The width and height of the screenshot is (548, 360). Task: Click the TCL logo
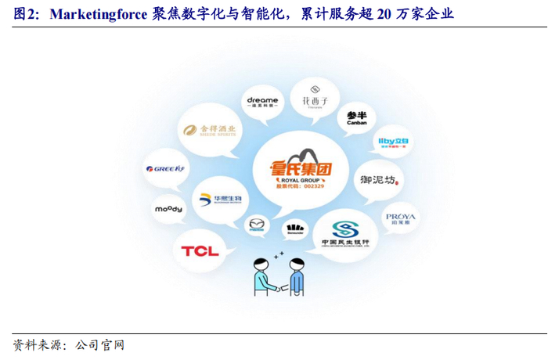click(x=200, y=250)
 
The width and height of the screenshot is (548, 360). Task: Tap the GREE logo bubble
click(x=164, y=169)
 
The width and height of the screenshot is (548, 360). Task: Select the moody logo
click(x=168, y=209)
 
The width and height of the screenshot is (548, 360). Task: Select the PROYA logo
click(x=400, y=218)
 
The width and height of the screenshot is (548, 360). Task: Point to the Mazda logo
click(x=257, y=226)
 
